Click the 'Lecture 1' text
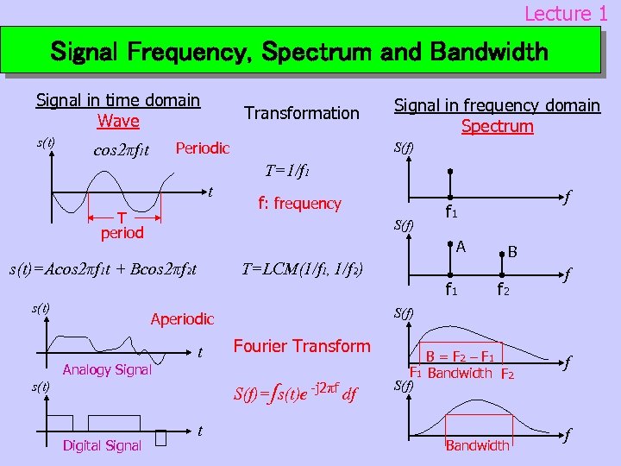coord(566,13)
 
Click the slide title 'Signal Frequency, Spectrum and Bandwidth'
coord(299,52)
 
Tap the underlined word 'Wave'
coord(118,121)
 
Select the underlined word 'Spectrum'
coord(497,126)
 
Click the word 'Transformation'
coord(302,113)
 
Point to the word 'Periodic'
coord(202,148)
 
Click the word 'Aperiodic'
coord(182,318)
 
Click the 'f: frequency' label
coord(300,204)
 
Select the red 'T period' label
coord(121,225)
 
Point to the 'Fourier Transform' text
coord(301,346)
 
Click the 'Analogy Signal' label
coord(107,370)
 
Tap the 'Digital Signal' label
coord(102,445)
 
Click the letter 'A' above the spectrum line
coord(461,247)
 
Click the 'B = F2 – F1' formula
coord(460,356)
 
